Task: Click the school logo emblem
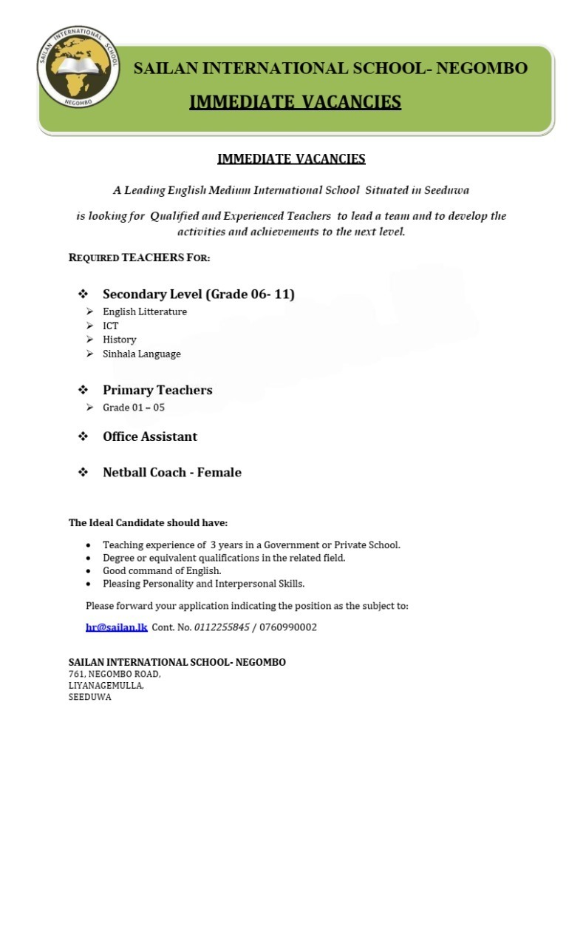point(78,67)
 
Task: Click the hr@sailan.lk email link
point(116,627)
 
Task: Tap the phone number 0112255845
point(222,627)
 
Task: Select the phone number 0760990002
point(288,627)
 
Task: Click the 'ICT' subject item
point(110,326)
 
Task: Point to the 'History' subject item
point(119,340)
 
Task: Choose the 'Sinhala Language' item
point(141,354)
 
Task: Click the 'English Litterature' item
point(144,311)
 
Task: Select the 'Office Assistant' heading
point(149,437)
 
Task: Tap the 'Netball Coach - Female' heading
point(171,472)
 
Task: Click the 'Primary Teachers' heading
point(157,390)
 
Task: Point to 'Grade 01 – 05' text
point(133,408)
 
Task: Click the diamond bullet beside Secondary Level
point(83,294)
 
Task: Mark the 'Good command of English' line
point(162,570)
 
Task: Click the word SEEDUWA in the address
point(89,697)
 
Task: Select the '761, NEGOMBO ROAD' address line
point(114,674)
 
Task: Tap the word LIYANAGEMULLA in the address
point(106,686)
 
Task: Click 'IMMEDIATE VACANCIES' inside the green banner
point(295,102)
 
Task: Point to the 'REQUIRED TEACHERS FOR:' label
point(139,257)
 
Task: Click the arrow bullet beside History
point(89,340)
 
